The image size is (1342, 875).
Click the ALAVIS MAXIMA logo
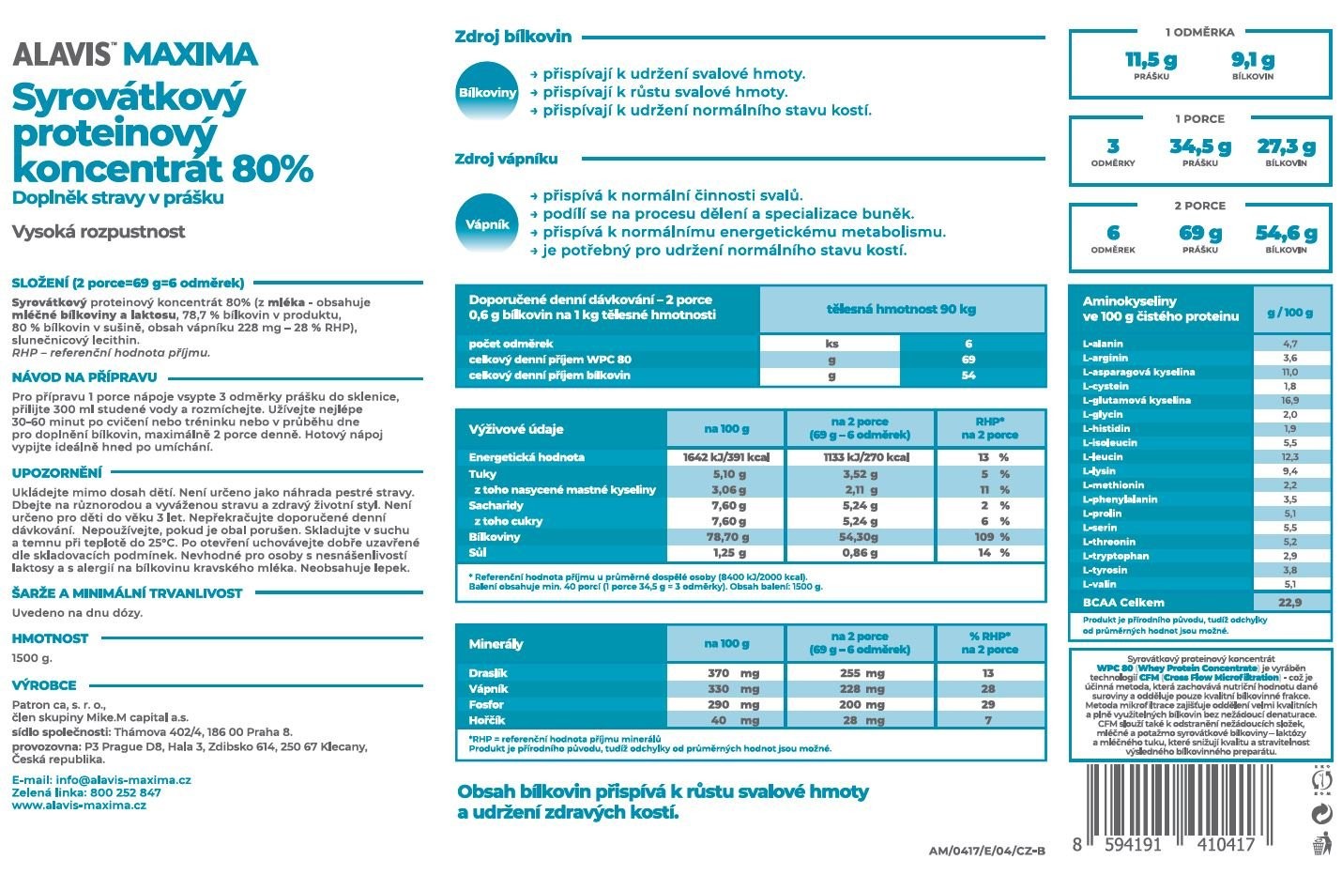134,54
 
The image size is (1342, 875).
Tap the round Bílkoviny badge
487,93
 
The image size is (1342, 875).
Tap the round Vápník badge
487,224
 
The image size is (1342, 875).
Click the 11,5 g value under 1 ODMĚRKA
1151,61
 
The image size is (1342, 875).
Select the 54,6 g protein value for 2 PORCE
1286,234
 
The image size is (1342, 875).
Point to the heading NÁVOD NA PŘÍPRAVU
84,377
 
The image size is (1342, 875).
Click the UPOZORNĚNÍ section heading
56,473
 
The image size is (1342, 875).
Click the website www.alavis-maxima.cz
79,806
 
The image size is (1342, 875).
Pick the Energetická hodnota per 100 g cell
726,457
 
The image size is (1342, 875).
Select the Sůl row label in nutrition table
478,553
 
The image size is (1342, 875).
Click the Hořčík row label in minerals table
486,720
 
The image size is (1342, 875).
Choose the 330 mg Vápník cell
733,688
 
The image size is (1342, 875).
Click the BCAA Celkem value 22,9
1290,603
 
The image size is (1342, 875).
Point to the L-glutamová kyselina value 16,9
1290,400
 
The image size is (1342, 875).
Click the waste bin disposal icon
1321,843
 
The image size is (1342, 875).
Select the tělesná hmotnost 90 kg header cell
901,309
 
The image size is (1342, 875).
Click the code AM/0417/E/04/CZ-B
985,851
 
